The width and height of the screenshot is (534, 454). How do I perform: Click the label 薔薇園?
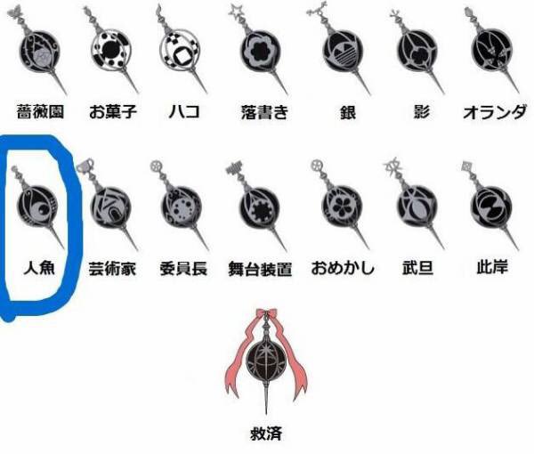click(x=40, y=112)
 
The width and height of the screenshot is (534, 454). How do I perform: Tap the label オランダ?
click(x=494, y=112)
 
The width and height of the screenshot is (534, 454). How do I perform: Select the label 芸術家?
click(x=112, y=267)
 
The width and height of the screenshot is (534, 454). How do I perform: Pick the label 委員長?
click(x=183, y=267)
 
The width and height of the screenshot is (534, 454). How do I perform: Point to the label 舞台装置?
click(x=260, y=268)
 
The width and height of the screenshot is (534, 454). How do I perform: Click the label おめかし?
click(x=343, y=267)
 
